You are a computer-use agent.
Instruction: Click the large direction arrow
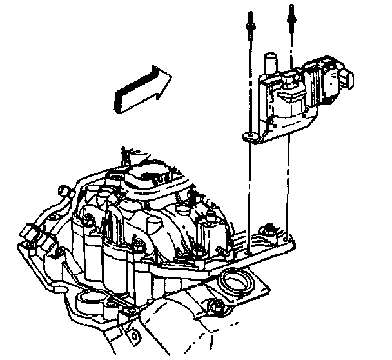click(142, 88)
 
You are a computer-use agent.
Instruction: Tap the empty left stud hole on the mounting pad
click(249, 246)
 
